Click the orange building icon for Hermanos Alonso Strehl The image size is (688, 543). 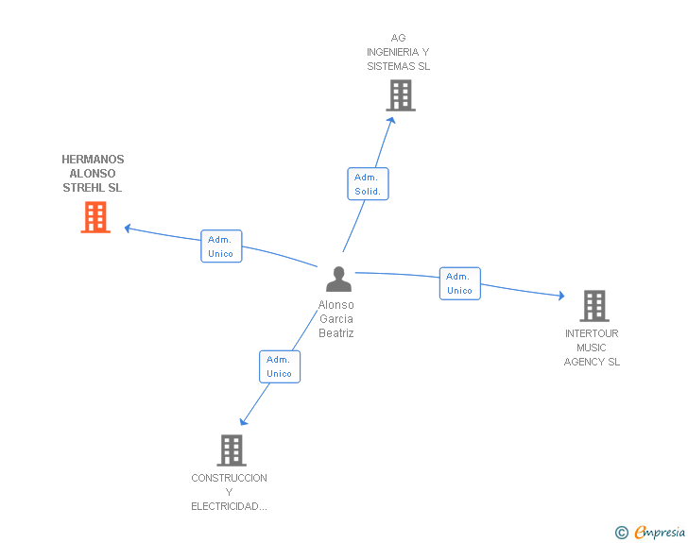pyautogui.click(x=95, y=218)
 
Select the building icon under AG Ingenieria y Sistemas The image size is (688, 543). pyautogui.click(x=401, y=95)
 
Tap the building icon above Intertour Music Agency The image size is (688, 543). pyautogui.click(x=593, y=306)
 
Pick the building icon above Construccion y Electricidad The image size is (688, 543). pyautogui.click(x=232, y=450)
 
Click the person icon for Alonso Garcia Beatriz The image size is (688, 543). pyautogui.click(x=338, y=280)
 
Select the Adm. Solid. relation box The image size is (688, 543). pyautogui.click(x=368, y=184)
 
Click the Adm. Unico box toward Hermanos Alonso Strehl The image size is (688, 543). pyautogui.click(x=221, y=246)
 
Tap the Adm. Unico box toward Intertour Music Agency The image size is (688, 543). pyautogui.click(x=459, y=283)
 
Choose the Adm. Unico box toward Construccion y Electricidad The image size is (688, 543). pyautogui.click(x=280, y=366)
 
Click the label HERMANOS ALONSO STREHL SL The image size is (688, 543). pyautogui.click(x=93, y=174)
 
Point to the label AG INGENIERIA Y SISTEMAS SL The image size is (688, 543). pyautogui.click(x=399, y=52)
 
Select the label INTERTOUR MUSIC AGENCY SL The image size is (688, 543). pyautogui.click(x=592, y=348)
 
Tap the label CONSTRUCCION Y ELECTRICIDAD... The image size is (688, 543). pyautogui.click(x=229, y=492)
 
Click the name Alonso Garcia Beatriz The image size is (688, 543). pyautogui.click(x=336, y=319)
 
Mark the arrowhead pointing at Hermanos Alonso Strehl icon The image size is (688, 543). pyautogui.click(x=128, y=227)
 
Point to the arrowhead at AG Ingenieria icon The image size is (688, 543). pyautogui.click(x=391, y=120)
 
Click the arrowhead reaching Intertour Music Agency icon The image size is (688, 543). pyautogui.click(x=563, y=297)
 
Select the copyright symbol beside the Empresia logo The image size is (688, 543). pyautogui.click(x=621, y=534)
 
